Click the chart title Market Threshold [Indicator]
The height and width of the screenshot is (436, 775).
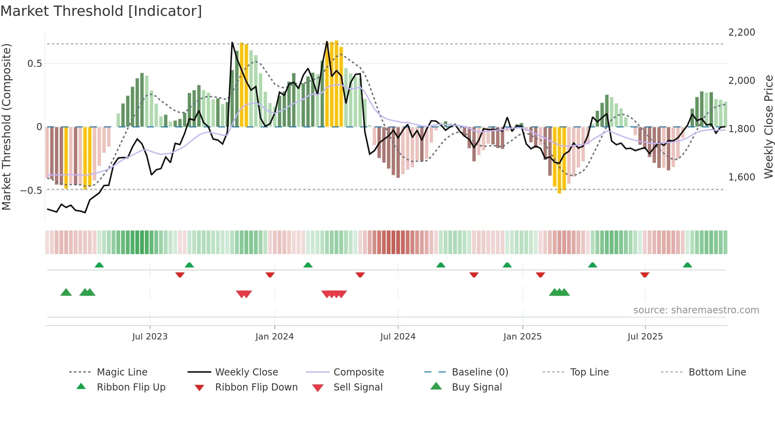101,11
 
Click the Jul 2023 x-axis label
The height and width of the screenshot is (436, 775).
150,337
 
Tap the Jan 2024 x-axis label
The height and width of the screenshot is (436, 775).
274,337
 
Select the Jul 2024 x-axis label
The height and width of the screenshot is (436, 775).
398,337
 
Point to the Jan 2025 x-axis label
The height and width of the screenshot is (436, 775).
522,337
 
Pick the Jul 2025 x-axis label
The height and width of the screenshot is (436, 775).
645,337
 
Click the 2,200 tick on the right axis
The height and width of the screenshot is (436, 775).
741,32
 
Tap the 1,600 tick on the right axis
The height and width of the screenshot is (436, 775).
741,177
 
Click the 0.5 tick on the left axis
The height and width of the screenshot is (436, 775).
34,64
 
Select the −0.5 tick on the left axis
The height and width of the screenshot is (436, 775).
31,191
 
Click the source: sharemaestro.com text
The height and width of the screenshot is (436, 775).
696,310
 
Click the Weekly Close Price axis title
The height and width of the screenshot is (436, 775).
768,127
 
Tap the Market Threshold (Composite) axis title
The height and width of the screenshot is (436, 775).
6,127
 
